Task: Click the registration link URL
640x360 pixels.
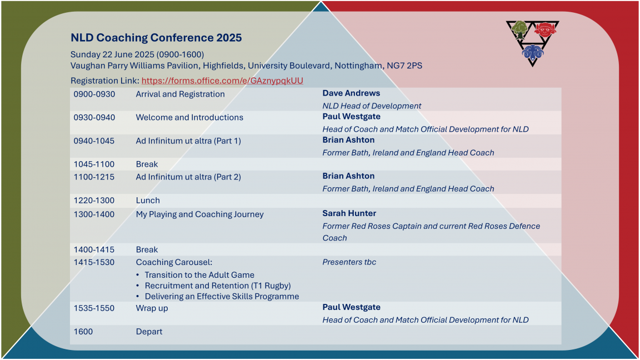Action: (222, 81)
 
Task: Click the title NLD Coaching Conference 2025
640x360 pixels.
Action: (156, 38)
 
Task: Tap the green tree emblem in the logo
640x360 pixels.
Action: (519, 29)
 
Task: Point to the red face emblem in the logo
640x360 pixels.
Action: (546, 29)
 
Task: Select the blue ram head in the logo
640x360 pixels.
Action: (533, 53)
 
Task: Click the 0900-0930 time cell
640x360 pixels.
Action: (94, 94)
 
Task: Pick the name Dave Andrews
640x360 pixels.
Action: (351, 93)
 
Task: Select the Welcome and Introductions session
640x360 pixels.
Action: (189, 117)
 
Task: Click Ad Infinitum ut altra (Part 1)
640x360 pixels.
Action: (188, 141)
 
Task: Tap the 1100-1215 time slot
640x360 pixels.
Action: (94, 177)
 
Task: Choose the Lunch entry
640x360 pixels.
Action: (148, 201)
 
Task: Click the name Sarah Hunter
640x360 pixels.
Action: (349, 213)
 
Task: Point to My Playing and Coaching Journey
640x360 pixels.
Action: (199, 214)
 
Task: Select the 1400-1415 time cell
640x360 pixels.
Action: (94, 249)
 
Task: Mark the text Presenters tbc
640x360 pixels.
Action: (349, 262)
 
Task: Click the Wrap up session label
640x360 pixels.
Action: (152, 308)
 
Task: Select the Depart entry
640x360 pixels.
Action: (149, 332)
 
